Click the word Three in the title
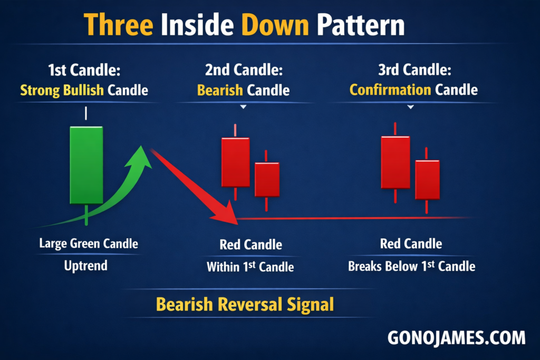click(119, 25)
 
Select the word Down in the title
click(275, 25)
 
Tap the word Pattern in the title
click(361, 25)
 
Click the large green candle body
click(86, 165)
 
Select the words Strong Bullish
click(62, 90)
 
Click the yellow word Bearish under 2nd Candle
click(220, 90)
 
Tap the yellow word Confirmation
click(390, 90)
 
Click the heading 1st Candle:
click(84, 70)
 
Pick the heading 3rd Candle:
click(414, 70)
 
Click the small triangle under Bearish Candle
click(243, 107)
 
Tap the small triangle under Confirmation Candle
click(410, 107)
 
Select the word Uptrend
click(86, 266)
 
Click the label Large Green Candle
click(89, 244)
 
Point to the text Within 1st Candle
click(250, 267)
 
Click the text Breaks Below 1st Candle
click(411, 266)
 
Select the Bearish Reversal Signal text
click(245, 304)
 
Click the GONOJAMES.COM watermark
click(457, 338)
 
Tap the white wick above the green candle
click(86, 113)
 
